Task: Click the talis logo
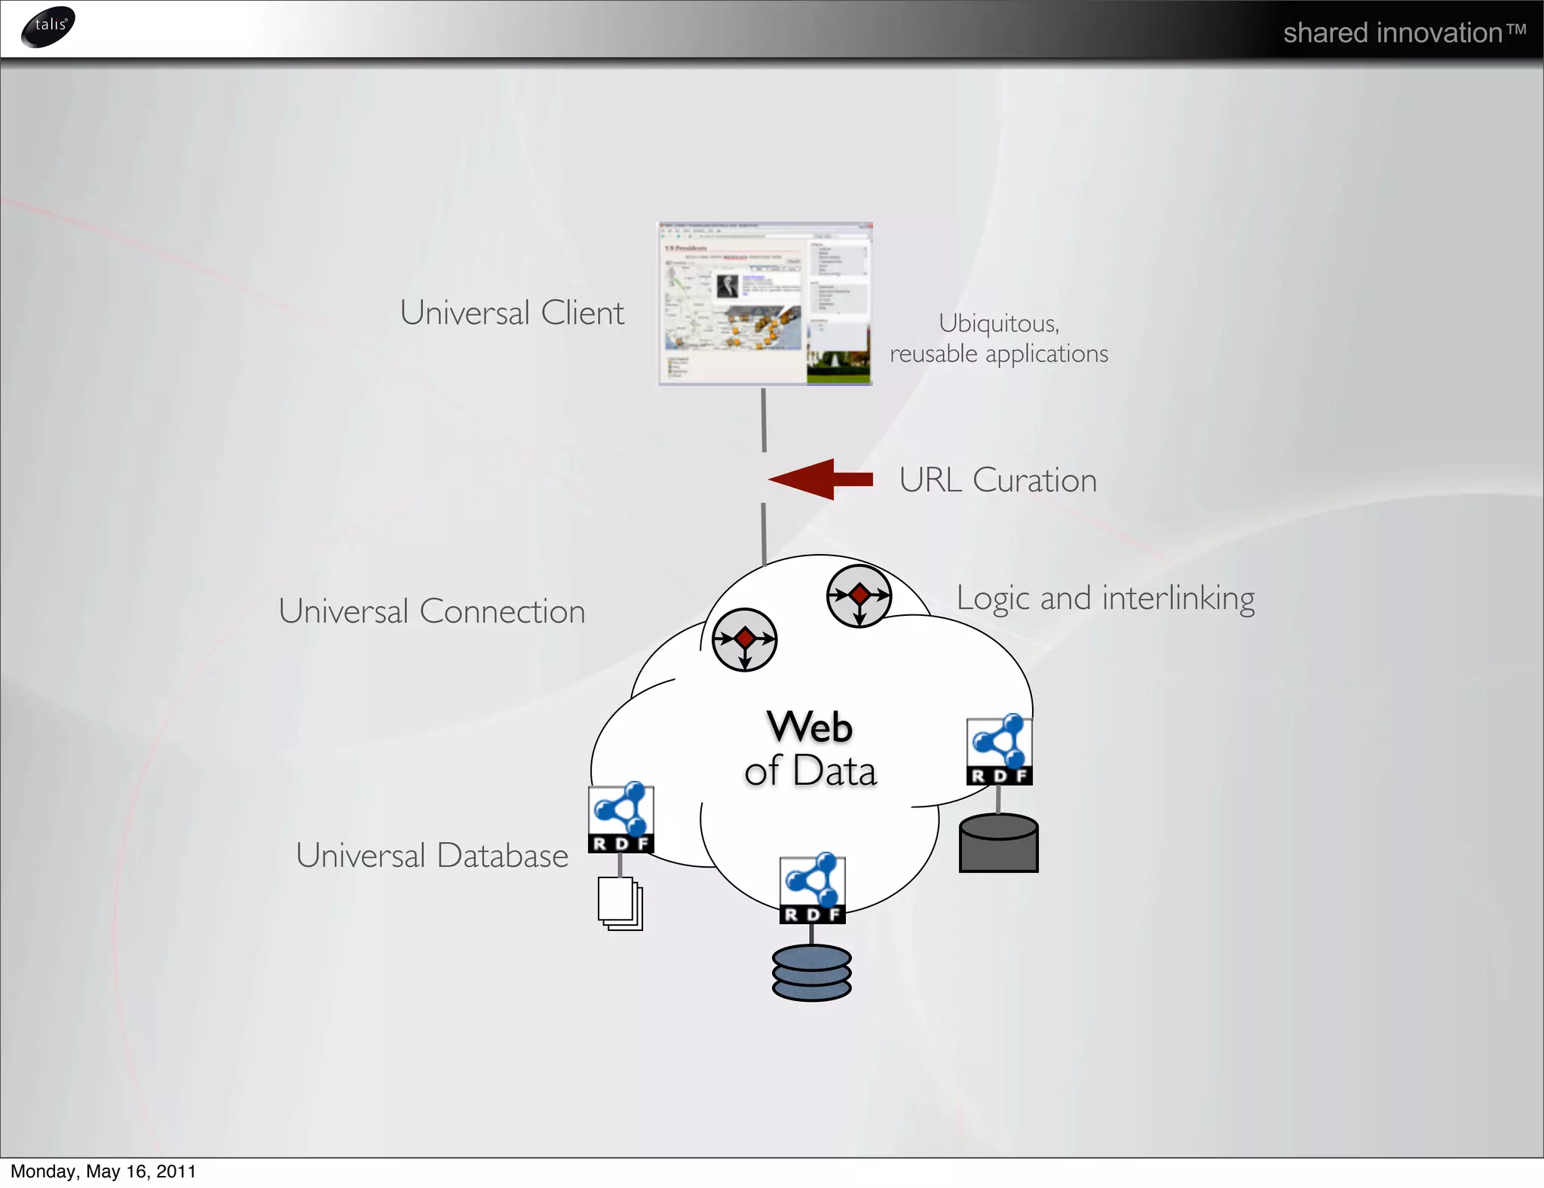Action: point(48,26)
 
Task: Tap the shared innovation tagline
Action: point(1404,33)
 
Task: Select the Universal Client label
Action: point(512,313)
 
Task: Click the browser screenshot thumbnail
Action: point(765,304)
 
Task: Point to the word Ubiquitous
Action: point(998,323)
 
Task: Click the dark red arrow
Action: point(820,479)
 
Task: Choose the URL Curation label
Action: point(997,480)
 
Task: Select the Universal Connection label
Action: point(432,611)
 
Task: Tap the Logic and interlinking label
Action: point(1105,599)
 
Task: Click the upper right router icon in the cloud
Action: point(859,596)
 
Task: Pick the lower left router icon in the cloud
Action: point(744,639)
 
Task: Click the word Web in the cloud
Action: point(810,727)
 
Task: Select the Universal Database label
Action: point(432,856)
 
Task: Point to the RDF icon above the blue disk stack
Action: point(812,889)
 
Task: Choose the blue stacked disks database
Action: point(811,972)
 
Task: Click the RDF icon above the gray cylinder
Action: point(999,750)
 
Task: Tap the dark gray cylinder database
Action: point(998,844)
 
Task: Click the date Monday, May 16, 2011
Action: point(103,1171)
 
